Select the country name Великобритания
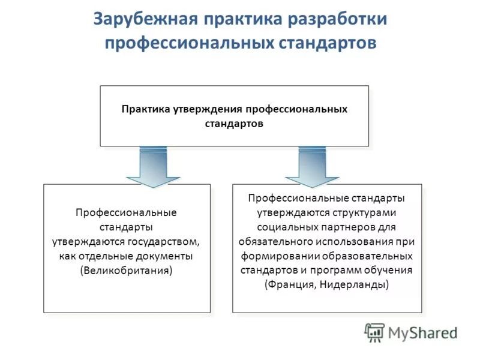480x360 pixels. tap(126, 271)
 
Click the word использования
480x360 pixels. tap(356, 241)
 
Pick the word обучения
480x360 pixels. tap(385, 270)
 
